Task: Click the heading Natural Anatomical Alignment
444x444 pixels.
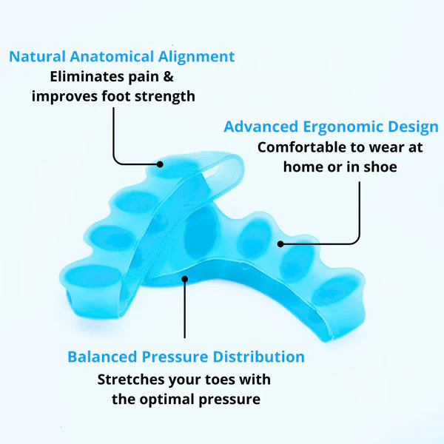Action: tap(122, 56)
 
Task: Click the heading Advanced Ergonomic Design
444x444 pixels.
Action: tap(330, 127)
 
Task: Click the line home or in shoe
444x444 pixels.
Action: tap(340, 166)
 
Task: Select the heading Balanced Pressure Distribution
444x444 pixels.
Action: tap(186, 357)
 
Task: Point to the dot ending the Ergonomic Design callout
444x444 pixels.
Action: tap(281, 242)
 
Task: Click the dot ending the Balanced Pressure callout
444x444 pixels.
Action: tap(185, 279)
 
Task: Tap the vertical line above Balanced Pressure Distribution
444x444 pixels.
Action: tap(185, 311)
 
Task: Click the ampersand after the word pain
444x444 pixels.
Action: tap(189, 76)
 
